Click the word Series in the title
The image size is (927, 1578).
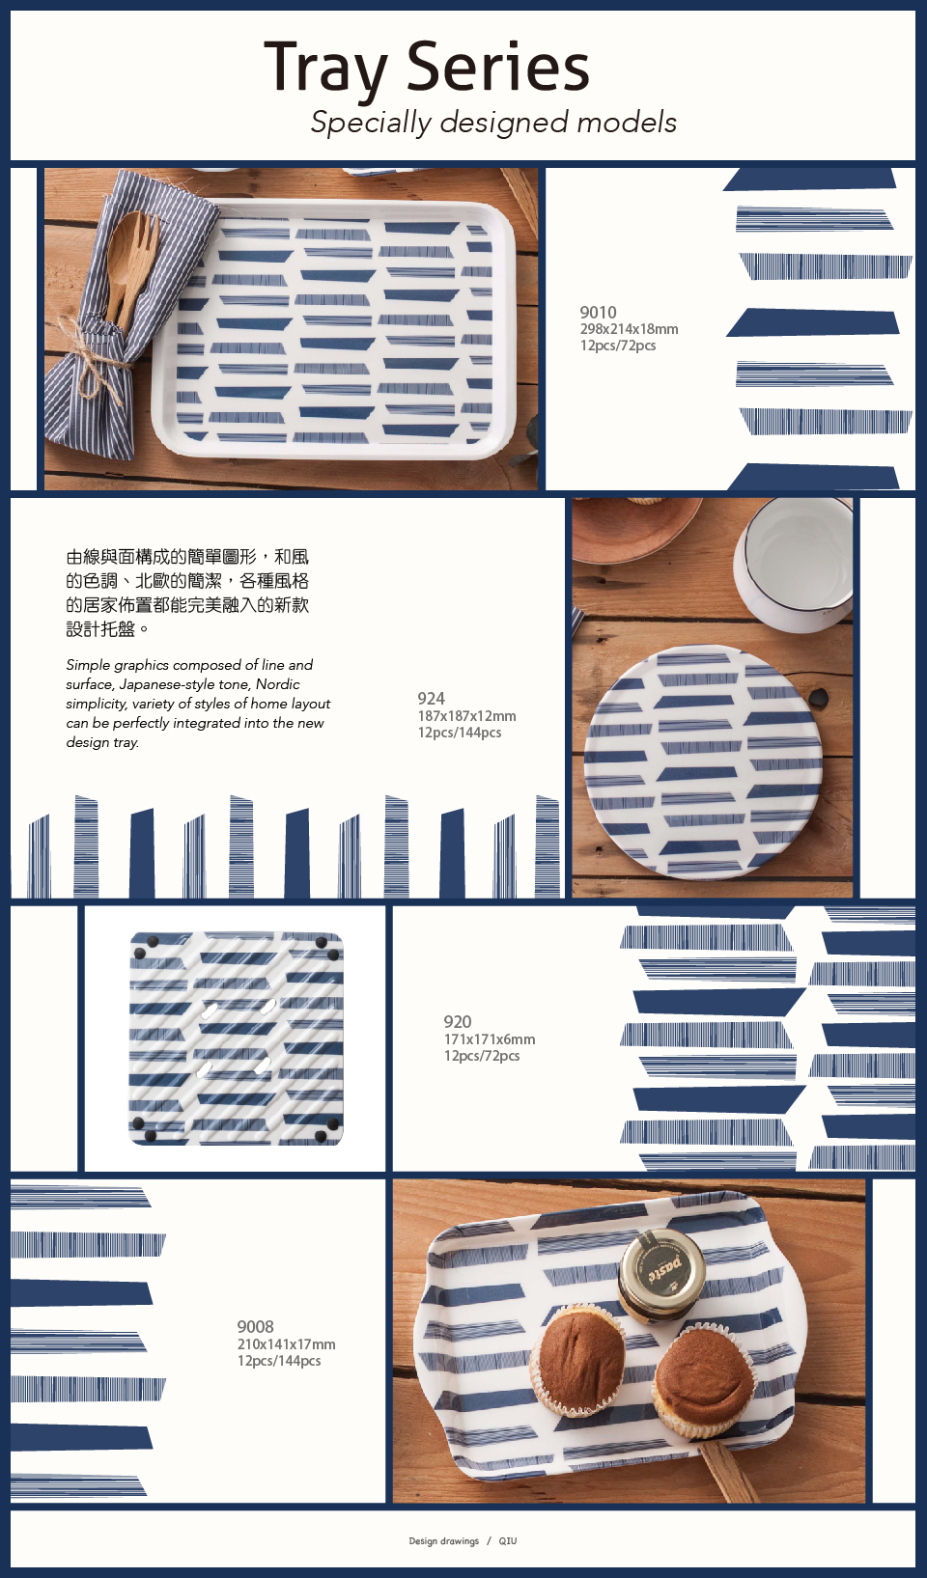coord(497,67)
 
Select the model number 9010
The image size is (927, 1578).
coord(598,312)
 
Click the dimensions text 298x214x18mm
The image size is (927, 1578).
coord(629,329)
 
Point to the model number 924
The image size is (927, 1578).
coord(431,698)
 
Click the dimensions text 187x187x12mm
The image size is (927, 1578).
coord(466,716)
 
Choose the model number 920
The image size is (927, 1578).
coord(458,1021)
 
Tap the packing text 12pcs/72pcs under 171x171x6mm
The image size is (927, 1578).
coord(482,1055)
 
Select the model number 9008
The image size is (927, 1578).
coord(255,1326)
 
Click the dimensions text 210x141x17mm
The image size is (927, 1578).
coord(286,1344)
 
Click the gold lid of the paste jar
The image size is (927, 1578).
coord(662,1264)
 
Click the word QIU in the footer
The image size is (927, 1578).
coord(508,1540)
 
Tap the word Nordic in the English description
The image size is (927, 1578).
coord(277,684)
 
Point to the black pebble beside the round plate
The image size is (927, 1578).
coord(819,700)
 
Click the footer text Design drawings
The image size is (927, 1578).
coord(443,1540)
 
